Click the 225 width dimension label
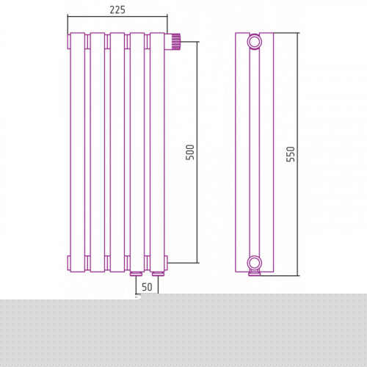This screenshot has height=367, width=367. pyautogui.click(x=117, y=10)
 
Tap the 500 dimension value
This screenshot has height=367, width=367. pyautogui.click(x=190, y=152)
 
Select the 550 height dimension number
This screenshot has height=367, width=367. pyautogui.click(x=291, y=154)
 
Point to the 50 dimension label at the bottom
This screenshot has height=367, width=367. pyautogui.click(x=147, y=287)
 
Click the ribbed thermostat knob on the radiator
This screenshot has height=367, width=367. pyautogui.click(x=175, y=41)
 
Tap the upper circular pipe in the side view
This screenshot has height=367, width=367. pyautogui.click(x=255, y=42)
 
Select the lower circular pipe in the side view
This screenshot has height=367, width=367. pyautogui.click(x=255, y=263)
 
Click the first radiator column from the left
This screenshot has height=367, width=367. pyautogui.click(x=78, y=152)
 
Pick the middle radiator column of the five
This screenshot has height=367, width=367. pyautogui.click(x=117, y=152)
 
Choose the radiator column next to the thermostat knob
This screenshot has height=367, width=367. pyautogui.click(x=157, y=152)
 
